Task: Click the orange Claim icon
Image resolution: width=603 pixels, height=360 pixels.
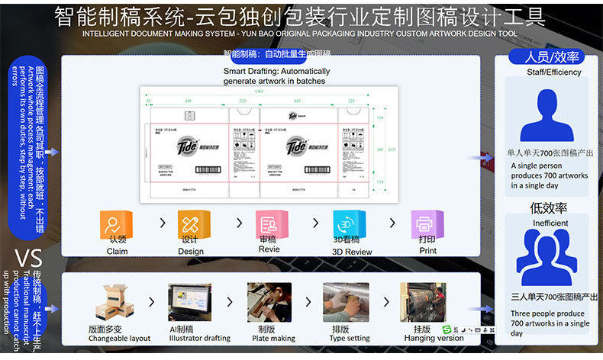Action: (x=117, y=224)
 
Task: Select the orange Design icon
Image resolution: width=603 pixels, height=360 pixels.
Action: (x=192, y=224)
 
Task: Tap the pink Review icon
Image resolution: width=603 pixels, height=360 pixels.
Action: (x=269, y=224)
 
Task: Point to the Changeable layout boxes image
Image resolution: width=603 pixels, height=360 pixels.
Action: (x=115, y=302)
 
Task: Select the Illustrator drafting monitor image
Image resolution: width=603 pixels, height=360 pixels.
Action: (x=190, y=302)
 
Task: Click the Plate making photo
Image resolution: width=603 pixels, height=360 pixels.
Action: (x=269, y=302)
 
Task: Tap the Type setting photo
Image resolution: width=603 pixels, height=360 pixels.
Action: (x=346, y=302)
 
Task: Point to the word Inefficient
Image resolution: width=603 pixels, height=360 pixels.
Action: (x=550, y=223)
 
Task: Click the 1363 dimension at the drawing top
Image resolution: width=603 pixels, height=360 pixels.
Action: (x=260, y=93)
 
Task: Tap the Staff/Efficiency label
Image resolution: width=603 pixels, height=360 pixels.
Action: (x=553, y=72)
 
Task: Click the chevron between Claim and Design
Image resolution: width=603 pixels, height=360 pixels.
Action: (x=162, y=223)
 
